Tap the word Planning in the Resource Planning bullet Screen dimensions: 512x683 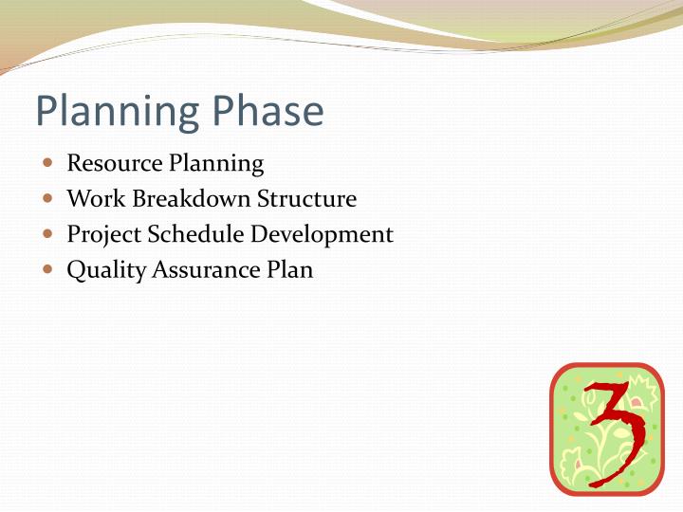click(216, 164)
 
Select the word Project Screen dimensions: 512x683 click(101, 235)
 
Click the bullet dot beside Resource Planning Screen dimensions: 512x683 click(48, 163)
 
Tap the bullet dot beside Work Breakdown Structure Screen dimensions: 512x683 click(48, 199)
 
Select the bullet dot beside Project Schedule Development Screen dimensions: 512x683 click(48, 234)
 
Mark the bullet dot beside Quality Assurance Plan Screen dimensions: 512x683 click(48, 269)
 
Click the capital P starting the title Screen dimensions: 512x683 click(47, 112)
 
